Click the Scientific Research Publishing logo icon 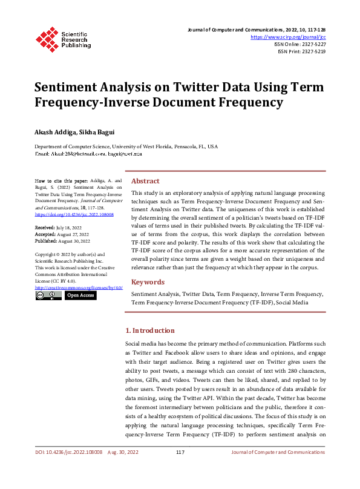47,38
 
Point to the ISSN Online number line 301,44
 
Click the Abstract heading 145,181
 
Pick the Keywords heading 148,282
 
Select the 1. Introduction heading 149,330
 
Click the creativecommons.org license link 79,287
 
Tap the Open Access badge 80,295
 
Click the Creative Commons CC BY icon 48,295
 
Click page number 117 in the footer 180,469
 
